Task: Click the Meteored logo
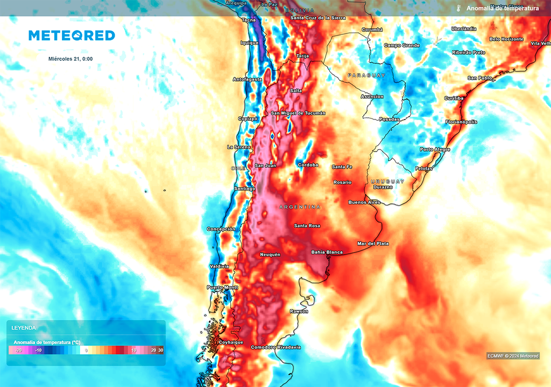72,35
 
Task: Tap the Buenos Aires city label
364,202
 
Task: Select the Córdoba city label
308,165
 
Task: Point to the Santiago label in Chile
244,189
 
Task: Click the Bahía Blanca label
327,252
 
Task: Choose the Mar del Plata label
373,243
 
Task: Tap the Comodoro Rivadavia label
275,347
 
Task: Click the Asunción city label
372,97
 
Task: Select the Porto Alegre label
435,149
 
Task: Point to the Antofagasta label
248,80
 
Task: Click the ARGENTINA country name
300,207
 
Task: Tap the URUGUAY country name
387,182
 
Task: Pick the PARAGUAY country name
366,75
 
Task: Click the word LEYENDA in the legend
24,327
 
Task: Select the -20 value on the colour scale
18,350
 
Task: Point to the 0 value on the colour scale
86,350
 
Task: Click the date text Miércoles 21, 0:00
70,59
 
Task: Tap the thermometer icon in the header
458,8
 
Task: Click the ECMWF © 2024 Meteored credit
513,356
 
